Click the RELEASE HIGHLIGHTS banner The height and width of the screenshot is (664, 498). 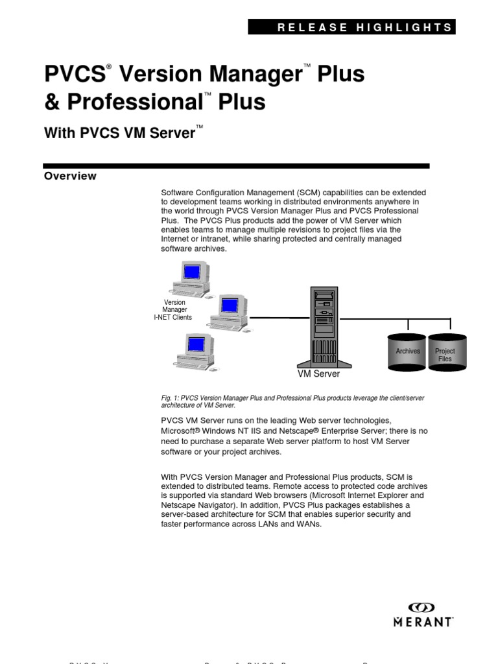352,27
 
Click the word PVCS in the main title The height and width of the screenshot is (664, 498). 74,75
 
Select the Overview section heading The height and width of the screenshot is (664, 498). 70,176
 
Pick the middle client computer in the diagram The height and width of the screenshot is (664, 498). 228,310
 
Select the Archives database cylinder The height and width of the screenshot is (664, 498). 407,352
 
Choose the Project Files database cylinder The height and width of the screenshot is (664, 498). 445,353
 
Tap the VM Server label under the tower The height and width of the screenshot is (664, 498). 318,374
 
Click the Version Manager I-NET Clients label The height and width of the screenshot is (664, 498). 174,310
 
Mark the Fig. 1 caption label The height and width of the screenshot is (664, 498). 170,397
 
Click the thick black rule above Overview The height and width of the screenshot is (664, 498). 236,166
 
